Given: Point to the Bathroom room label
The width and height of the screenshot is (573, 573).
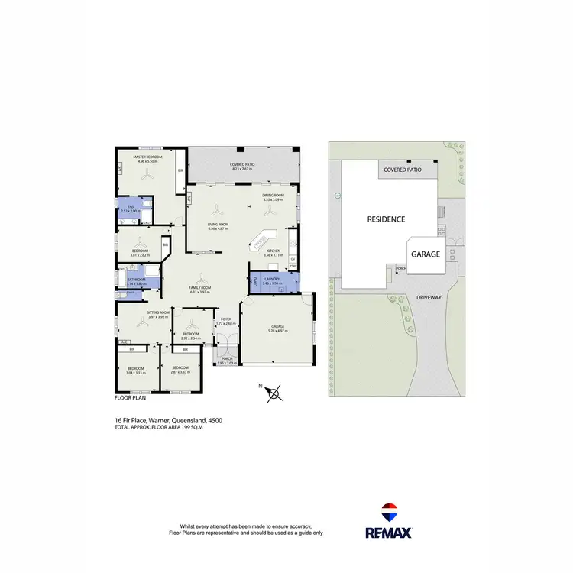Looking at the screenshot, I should click(x=137, y=280).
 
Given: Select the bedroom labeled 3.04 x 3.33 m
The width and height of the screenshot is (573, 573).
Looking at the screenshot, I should click(x=137, y=371).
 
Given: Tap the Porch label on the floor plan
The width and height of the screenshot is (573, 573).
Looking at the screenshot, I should click(x=226, y=360).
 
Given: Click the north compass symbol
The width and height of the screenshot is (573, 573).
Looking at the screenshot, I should click(x=278, y=393).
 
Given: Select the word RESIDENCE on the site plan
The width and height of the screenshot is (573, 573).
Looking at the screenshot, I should click(x=386, y=219).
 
